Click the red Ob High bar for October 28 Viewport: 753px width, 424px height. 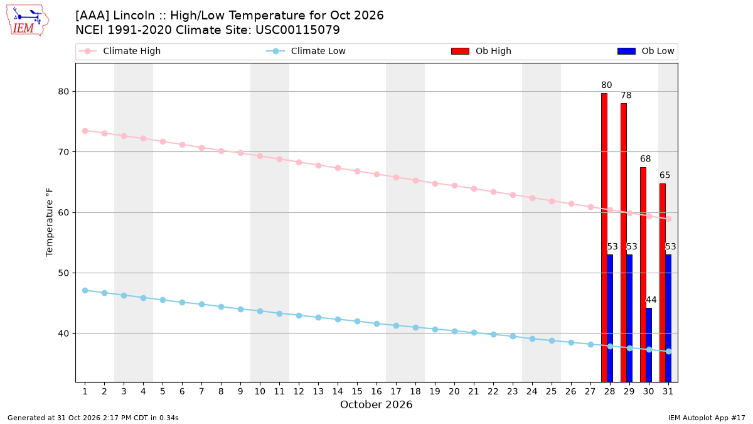tap(604, 237)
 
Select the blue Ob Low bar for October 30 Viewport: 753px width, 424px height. tap(649, 345)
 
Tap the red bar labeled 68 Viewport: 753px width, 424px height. tap(643, 275)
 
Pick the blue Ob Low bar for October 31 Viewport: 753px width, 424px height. tap(668, 318)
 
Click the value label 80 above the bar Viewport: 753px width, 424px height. tap(606, 85)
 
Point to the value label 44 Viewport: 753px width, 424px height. tap(651, 300)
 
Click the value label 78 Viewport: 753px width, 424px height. tap(626, 95)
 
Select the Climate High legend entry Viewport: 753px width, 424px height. tap(120, 51)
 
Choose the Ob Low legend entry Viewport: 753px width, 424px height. tap(646, 51)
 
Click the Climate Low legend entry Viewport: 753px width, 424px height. tap(306, 51)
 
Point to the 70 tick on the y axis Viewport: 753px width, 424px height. tap(63, 152)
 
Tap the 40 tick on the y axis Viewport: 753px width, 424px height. tap(63, 334)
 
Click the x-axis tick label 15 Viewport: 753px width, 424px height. tap(357, 391)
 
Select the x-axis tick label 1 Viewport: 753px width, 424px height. tap(85, 391)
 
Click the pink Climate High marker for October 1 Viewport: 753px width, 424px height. tap(85, 131)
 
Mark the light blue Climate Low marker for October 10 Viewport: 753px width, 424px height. tap(260, 312)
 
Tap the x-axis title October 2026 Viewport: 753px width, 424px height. tap(376, 405)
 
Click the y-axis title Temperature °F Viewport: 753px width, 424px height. tap(50, 222)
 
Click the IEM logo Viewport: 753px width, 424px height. tap(28, 21)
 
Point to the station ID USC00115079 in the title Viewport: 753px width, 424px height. tap(297, 30)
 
